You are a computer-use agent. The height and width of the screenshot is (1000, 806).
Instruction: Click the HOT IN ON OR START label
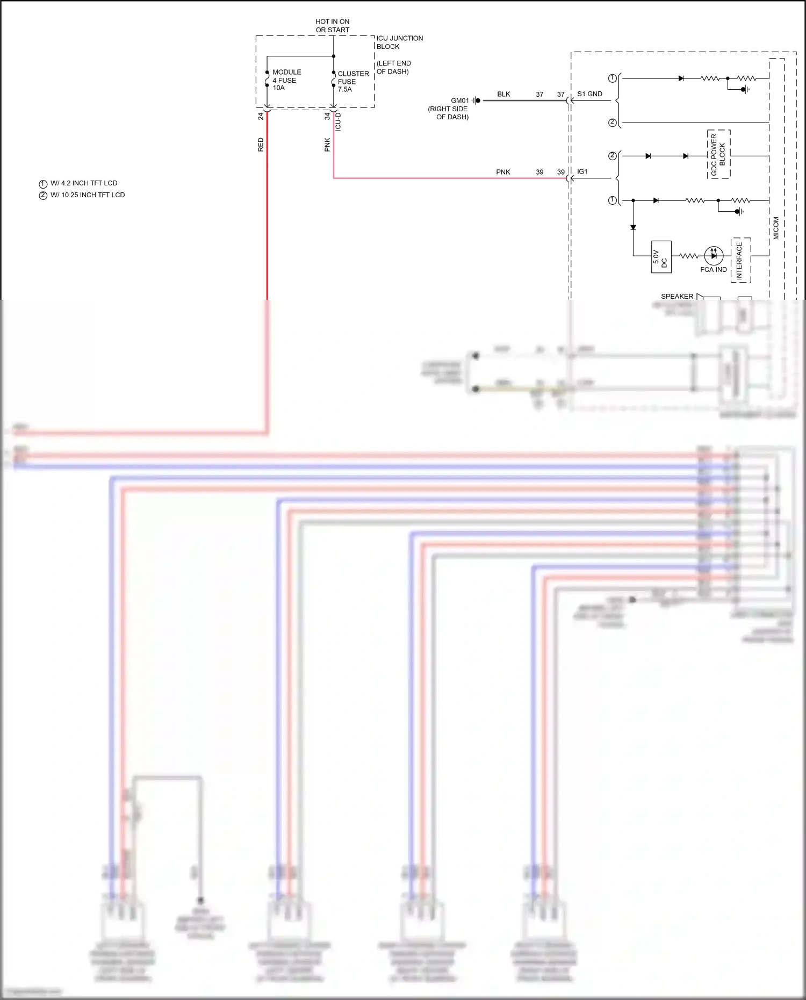tap(332, 26)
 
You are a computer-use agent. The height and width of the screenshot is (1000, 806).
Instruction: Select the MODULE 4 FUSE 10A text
tap(286, 80)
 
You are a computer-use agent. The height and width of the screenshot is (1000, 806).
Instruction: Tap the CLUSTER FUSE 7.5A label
tap(352, 82)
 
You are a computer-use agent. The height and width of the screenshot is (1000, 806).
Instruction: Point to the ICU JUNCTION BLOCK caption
tap(399, 42)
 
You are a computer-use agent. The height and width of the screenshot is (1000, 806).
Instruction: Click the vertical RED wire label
tap(261, 145)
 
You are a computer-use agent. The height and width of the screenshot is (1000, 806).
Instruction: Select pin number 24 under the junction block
tap(261, 116)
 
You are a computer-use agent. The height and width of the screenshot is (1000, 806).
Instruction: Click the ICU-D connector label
tap(338, 122)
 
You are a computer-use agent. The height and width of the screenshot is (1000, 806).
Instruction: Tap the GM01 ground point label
tap(459, 100)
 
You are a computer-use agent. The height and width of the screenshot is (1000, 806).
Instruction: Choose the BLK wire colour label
tap(503, 94)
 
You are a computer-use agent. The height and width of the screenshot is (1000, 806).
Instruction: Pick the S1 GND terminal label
tap(589, 94)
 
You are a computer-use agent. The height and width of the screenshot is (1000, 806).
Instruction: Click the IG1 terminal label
tap(582, 172)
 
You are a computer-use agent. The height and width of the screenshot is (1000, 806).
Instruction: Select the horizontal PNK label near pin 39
tap(503, 172)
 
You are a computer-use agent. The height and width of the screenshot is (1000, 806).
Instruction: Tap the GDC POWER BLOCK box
tap(718, 154)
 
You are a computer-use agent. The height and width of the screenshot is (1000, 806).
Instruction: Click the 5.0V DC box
tap(661, 257)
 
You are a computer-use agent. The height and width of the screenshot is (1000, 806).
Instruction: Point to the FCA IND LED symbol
tap(714, 256)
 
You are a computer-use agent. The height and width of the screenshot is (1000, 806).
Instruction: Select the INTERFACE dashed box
tap(740, 261)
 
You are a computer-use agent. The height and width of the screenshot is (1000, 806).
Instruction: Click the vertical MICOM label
tap(776, 228)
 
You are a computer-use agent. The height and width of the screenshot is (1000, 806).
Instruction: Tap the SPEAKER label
tap(677, 296)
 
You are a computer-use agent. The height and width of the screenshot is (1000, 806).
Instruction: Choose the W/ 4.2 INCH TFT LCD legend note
tap(83, 183)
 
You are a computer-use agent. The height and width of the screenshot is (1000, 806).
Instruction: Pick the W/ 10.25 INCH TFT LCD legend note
tap(87, 195)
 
